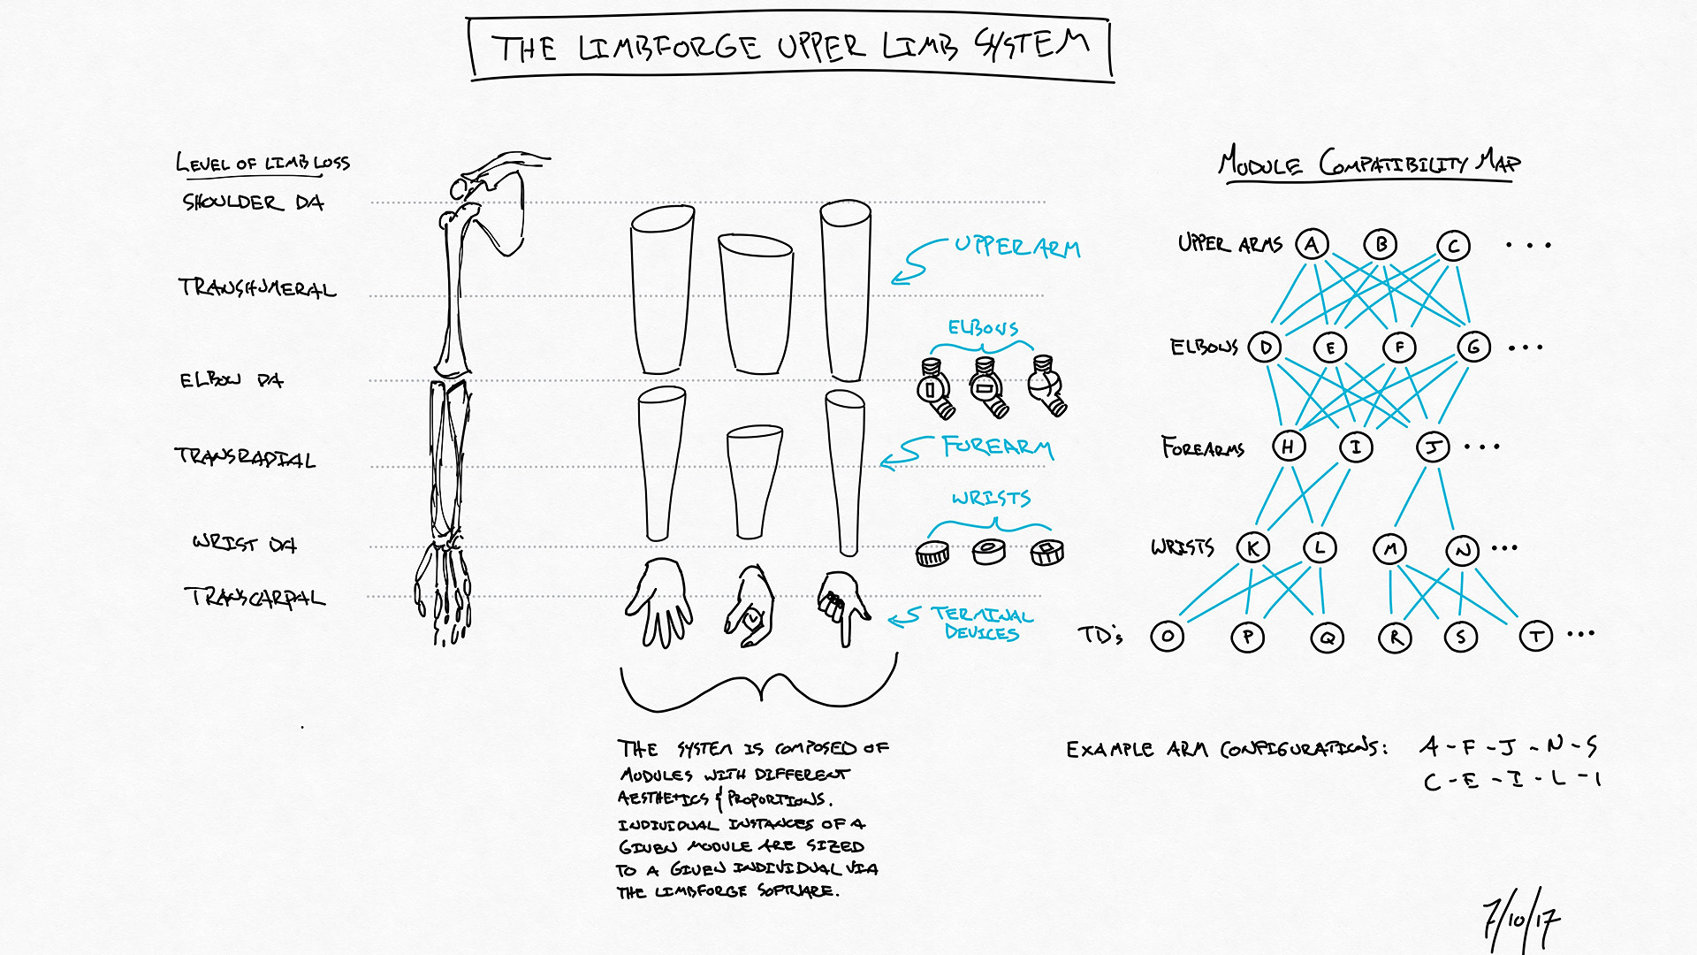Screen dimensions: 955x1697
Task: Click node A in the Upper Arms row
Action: [x=1312, y=244]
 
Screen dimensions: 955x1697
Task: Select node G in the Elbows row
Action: [x=1473, y=347]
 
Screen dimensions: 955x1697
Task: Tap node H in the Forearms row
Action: [x=1289, y=447]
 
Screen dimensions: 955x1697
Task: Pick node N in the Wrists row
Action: [x=1463, y=551]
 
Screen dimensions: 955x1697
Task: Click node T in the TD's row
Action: [x=1536, y=636]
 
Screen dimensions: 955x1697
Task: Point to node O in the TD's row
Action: [x=1168, y=636]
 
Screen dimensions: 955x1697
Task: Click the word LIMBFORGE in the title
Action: [x=669, y=48]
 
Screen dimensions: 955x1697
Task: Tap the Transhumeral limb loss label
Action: [x=257, y=287]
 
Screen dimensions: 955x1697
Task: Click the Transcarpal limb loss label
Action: [x=255, y=598]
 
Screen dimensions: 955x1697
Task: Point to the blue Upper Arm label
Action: [x=1016, y=247]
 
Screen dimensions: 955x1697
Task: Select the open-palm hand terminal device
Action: [x=659, y=601]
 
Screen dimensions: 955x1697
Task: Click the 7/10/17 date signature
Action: [x=1521, y=920]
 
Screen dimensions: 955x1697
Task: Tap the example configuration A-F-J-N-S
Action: [x=1509, y=747]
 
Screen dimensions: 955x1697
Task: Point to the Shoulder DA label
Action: [x=253, y=202]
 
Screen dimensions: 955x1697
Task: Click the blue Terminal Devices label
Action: [x=981, y=623]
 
